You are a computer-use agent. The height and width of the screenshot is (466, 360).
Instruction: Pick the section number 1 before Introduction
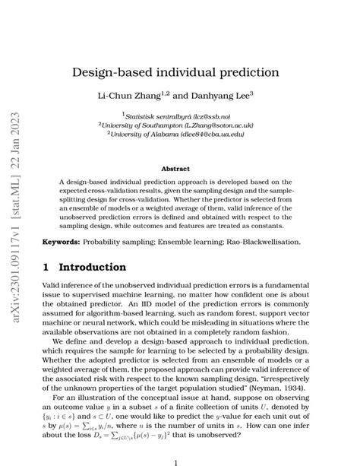click(x=46, y=268)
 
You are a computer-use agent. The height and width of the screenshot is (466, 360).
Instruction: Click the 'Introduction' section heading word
click(x=93, y=268)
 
